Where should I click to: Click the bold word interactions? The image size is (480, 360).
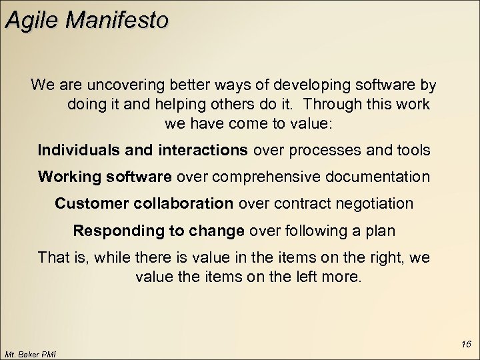click(x=203, y=150)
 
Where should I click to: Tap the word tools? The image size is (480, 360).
click(x=413, y=150)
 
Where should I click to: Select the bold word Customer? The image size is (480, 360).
click(x=86, y=203)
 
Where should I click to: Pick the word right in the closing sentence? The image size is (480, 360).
click(x=385, y=257)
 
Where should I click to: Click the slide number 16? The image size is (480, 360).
click(x=465, y=345)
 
